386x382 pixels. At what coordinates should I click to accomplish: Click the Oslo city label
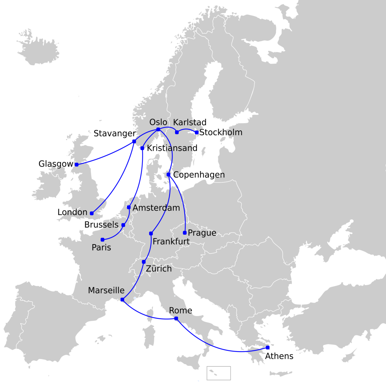(x=158, y=122)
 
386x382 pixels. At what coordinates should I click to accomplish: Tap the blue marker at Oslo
(x=158, y=130)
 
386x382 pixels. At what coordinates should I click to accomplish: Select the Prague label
(x=202, y=233)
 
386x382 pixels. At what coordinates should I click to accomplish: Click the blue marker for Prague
(x=185, y=233)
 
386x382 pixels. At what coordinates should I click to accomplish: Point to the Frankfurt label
(x=171, y=241)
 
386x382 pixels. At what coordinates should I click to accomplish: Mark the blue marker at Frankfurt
(x=151, y=234)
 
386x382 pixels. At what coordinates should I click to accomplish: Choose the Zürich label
(x=159, y=269)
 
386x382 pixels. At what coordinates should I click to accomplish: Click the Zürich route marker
(x=144, y=262)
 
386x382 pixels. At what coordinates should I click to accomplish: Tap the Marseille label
(x=106, y=290)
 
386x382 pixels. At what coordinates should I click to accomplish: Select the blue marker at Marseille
(x=122, y=299)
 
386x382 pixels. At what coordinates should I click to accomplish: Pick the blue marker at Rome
(x=176, y=319)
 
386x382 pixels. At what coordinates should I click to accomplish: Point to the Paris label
(x=101, y=248)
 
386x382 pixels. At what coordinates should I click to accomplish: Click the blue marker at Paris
(x=103, y=240)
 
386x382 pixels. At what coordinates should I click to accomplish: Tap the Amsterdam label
(x=156, y=208)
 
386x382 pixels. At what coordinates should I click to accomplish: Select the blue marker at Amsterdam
(x=129, y=208)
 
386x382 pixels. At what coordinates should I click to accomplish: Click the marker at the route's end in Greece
(x=267, y=347)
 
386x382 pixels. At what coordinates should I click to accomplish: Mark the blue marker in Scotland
(x=77, y=165)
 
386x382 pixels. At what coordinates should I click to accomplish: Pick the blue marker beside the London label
(x=92, y=213)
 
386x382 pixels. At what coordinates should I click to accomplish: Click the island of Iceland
(x=38, y=47)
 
